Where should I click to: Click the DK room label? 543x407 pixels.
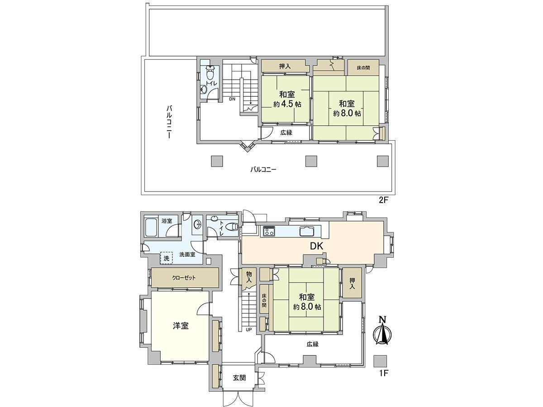click(x=316, y=246)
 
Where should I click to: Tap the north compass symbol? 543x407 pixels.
click(x=382, y=332)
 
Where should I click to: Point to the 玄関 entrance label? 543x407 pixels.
click(x=239, y=378)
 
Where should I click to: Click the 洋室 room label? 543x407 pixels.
click(x=181, y=326)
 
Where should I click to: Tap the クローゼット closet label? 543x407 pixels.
click(x=184, y=278)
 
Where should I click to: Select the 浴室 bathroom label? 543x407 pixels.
click(x=167, y=221)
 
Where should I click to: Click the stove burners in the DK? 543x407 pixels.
click(x=269, y=232)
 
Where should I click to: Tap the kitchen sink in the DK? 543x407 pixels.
click(x=310, y=231)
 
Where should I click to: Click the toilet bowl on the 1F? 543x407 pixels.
click(x=232, y=227)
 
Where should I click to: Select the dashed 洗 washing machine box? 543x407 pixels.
click(x=167, y=258)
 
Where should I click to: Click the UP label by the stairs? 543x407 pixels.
click(x=248, y=329)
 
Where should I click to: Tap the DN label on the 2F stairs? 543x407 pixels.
click(x=232, y=99)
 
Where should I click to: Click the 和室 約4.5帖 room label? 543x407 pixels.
click(x=287, y=99)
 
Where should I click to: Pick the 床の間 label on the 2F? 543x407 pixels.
click(x=363, y=68)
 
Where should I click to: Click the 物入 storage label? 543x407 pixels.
click(x=249, y=277)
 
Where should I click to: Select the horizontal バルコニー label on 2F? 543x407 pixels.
click(x=263, y=170)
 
